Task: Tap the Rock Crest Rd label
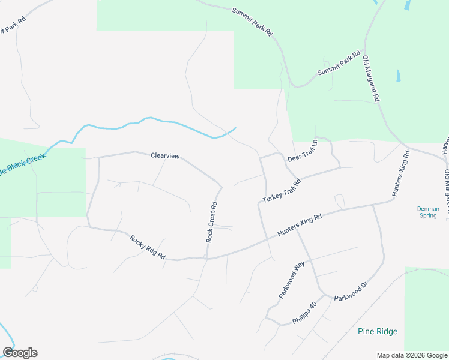(211, 222)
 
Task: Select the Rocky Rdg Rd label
(148, 247)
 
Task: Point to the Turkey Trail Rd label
(281, 190)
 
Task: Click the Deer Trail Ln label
(302, 151)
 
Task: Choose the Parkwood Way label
(292, 280)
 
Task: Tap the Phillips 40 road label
(304, 313)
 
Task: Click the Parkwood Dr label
(354, 291)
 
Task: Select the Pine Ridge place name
(378, 331)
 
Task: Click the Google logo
(20, 352)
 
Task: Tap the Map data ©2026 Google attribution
(411, 355)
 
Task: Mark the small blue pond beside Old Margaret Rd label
(398, 77)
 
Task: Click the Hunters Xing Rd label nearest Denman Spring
(401, 174)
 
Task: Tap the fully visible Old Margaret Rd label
(372, 79)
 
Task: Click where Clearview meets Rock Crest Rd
(221, 187)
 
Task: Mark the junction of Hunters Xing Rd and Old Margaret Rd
(406, 148)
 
